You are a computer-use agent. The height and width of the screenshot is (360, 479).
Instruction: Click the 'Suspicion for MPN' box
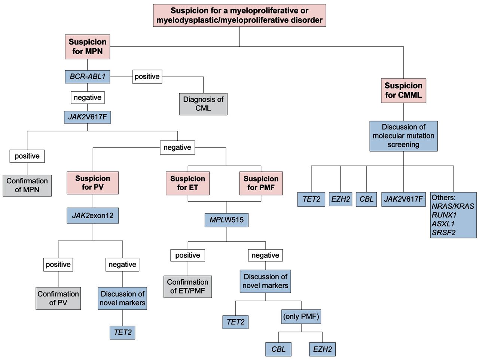coord(88,47)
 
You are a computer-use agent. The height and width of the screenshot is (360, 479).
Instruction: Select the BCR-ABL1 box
coord(88,77)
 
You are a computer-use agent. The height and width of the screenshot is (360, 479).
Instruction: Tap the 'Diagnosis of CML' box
coord(203,104)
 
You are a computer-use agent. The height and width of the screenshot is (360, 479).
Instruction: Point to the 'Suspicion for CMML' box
coord(403,91)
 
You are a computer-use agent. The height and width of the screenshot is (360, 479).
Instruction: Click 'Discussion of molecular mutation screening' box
coord(403,136)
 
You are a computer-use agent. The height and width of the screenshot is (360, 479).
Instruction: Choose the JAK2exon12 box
coord(93,216)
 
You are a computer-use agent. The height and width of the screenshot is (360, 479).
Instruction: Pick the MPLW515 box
coord(226,220)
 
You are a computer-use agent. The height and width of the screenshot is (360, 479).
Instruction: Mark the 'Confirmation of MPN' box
coord(27,185)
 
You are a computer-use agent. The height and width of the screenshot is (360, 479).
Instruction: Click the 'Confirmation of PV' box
coord(58,298)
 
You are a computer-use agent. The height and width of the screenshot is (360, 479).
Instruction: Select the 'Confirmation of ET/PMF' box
coord(187,287)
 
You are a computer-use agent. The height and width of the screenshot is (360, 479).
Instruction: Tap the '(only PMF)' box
coord(301,317)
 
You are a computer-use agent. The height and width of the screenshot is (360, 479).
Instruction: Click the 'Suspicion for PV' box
coord(93,183)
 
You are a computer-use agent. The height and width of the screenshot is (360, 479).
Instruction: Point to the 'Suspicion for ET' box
coord(187,183)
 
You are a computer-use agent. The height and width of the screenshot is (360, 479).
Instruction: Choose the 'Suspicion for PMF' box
coord(261,183)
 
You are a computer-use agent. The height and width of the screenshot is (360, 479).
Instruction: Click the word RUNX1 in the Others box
coord(444,215)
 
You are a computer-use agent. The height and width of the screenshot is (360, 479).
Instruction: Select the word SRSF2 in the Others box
coord(443,232)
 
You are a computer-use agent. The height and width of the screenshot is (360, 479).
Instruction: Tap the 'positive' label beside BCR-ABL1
coord(147,77)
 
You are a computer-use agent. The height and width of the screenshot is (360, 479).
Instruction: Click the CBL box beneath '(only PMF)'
coord(278,349)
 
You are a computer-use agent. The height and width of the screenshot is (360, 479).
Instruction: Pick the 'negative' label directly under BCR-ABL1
coord(88,98)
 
